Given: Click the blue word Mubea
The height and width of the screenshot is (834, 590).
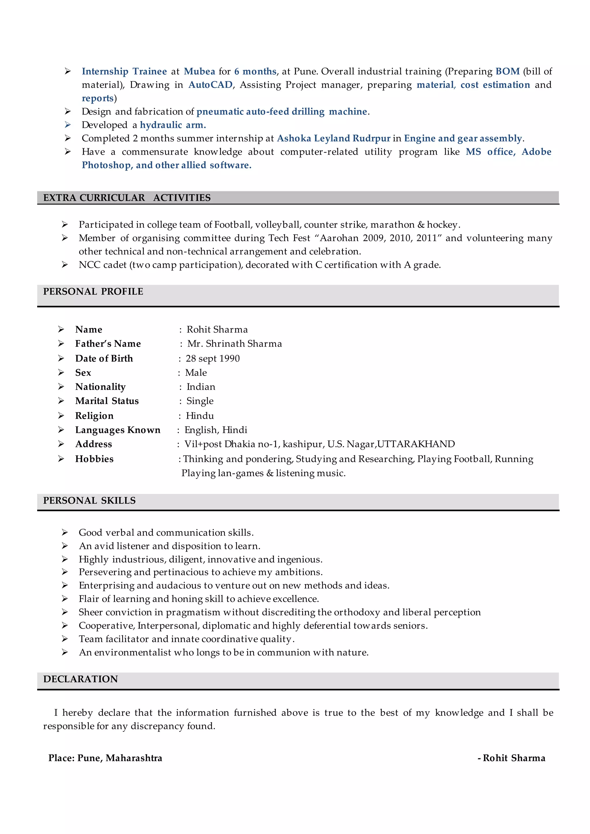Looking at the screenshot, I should (x=199, y=71).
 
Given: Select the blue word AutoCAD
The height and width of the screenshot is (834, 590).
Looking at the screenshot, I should (x=210, y=85).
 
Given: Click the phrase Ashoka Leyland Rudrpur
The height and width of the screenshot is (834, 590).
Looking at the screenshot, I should (x=334, y=138).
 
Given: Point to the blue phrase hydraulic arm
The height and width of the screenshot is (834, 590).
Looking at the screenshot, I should (x=173, y=125).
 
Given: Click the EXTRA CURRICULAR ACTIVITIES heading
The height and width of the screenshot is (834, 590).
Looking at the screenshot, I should (x=127, y=198).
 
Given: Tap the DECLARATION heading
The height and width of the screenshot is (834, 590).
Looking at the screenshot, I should (x=81, y=679).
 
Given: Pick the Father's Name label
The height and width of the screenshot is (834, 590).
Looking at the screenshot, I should (x=108, y=344).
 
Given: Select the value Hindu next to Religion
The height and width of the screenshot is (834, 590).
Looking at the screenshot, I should (x=200, y=416).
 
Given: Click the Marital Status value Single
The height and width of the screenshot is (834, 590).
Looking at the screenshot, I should (x=200, y=401).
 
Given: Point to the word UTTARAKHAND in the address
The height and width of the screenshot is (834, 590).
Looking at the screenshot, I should (x=416, y=444).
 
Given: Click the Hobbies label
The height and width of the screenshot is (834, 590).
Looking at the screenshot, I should (x=94, y=459).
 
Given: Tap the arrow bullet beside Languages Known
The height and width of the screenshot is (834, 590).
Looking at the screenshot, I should (x=61, y=430).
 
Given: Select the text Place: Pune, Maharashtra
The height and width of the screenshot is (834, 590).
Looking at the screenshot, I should (x=105, y=758).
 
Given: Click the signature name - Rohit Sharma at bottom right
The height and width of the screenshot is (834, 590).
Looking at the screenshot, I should (x=512, y=758).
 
